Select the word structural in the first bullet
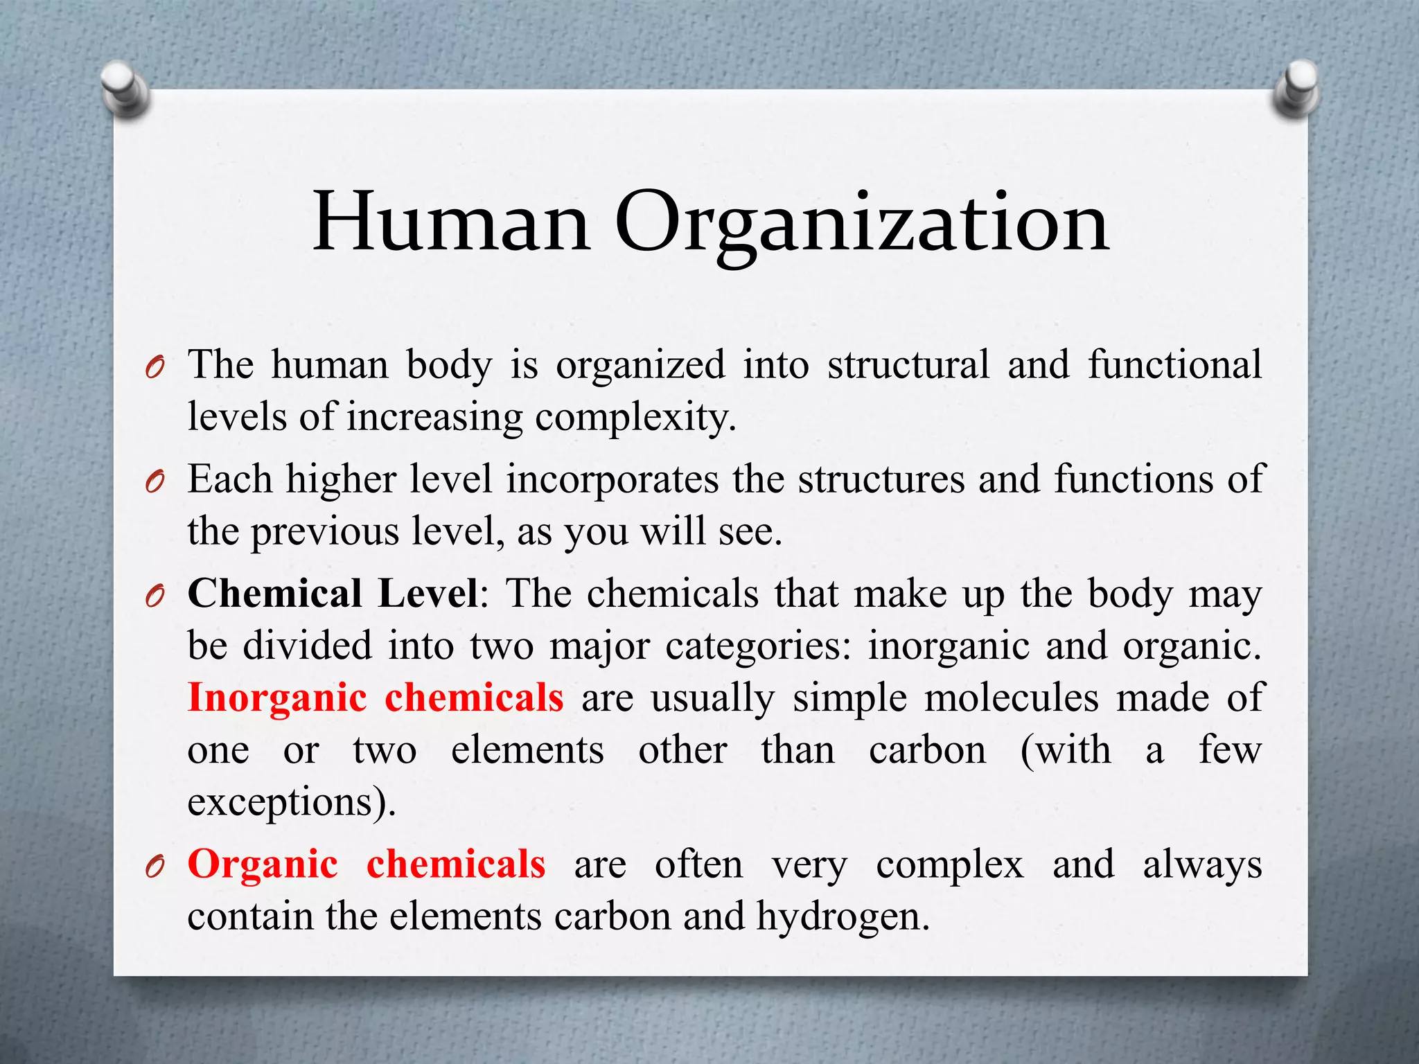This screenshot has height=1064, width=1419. (908, 364)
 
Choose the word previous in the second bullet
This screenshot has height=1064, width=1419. (324, 533)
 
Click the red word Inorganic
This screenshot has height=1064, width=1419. (277, 698)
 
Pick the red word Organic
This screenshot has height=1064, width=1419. (263, 864)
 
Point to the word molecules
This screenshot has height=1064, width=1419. (1011, 698)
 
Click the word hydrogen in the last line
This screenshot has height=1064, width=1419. (841, 917)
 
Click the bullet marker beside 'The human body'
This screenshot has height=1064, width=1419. (155, 367)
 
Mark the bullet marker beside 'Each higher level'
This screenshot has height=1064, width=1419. (155, 481)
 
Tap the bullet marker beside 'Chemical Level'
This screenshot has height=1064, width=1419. (155, 596)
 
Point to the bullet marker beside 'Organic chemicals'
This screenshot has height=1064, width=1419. (155, 867)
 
